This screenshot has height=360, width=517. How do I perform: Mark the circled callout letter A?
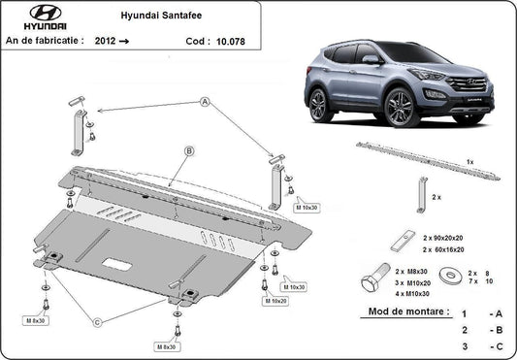(205, 102)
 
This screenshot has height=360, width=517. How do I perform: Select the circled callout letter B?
(189, 150)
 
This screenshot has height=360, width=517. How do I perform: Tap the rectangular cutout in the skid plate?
(121, 263)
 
